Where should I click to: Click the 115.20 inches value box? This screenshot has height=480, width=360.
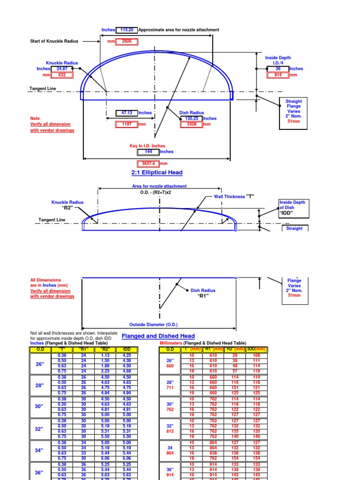127,30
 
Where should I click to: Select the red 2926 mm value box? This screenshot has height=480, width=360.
127,41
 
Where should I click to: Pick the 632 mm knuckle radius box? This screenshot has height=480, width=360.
61,75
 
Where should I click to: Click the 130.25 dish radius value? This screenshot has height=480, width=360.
192,119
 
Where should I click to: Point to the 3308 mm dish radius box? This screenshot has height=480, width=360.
192,125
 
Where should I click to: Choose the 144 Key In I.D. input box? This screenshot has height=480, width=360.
148,152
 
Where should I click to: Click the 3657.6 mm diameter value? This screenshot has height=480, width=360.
148,164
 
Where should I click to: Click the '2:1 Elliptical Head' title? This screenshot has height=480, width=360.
157,172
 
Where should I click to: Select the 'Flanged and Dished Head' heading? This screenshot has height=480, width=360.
158,336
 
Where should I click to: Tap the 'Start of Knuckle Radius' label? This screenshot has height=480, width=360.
54,41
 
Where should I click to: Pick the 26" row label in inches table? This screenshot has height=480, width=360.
39,363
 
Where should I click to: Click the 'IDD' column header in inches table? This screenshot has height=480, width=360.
127,349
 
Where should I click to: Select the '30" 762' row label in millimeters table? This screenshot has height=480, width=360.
170,407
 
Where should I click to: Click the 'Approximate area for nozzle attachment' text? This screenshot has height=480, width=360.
179,30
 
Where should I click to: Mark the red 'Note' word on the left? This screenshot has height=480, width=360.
35,119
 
